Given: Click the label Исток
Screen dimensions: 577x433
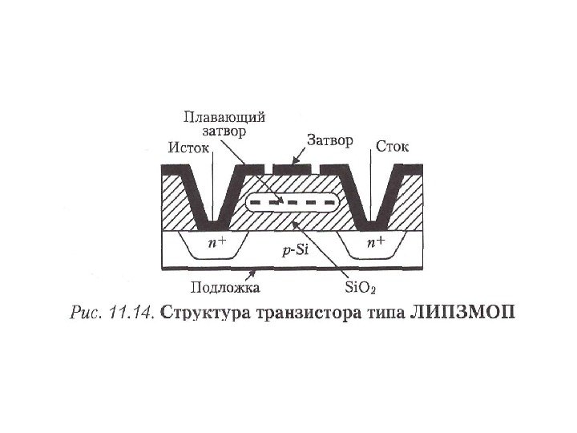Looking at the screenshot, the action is (190, 148).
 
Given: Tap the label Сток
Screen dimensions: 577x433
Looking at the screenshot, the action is (392, 148).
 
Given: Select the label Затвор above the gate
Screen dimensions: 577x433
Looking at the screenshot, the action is (328, 141).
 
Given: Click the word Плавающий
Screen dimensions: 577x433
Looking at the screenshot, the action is (225, 116).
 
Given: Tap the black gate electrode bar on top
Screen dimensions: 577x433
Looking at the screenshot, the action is (293, 169).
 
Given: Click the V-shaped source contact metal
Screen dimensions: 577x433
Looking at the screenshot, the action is (212, 196).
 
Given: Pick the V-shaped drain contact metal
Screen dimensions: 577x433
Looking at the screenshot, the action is (371, 196).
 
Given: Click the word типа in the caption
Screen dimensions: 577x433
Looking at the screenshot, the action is (379, 312).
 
